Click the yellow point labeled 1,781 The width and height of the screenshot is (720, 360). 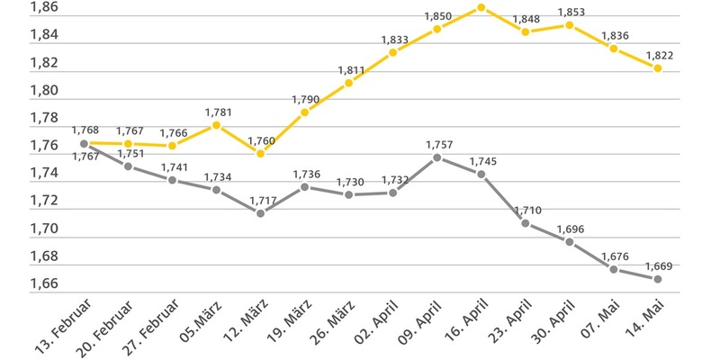216,125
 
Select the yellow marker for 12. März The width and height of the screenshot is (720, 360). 260,153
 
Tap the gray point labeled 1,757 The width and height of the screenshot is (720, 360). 436,157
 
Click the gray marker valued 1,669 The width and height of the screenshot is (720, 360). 658,279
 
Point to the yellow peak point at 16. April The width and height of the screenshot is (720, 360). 481,7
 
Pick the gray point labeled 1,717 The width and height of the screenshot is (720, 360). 260,213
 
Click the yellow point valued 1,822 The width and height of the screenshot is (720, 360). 658,68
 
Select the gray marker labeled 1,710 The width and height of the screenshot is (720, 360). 526,223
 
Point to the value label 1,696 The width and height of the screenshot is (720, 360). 571,229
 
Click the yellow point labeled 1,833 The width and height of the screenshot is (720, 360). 393,52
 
